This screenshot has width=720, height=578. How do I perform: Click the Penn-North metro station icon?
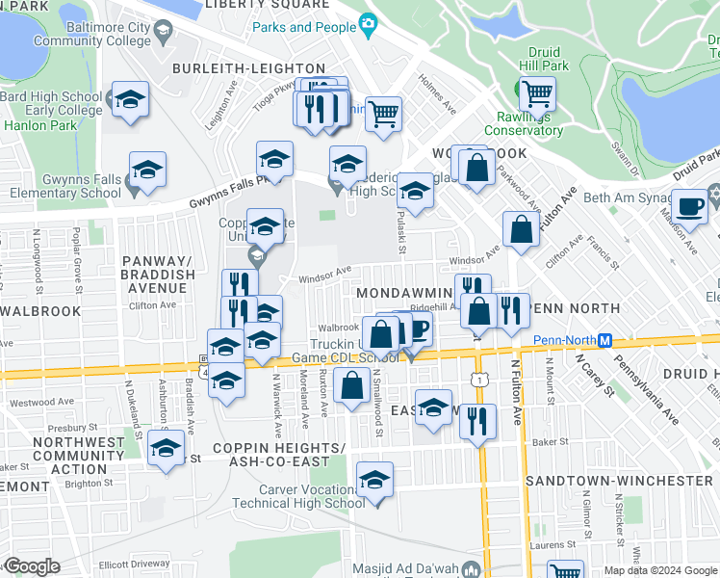pos(605,341)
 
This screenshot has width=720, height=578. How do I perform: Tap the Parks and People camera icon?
pos(367,23)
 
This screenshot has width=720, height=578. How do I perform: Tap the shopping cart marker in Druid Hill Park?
pos(536,93)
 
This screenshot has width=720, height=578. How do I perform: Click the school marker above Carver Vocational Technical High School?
pos(374,478)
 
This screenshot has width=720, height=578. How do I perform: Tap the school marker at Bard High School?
pos(127,99)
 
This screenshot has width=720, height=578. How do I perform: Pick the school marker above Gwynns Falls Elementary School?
pos(147,170)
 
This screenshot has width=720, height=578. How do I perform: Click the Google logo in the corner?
pos(31,566)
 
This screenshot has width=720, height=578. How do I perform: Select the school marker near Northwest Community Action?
pos(167,450)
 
